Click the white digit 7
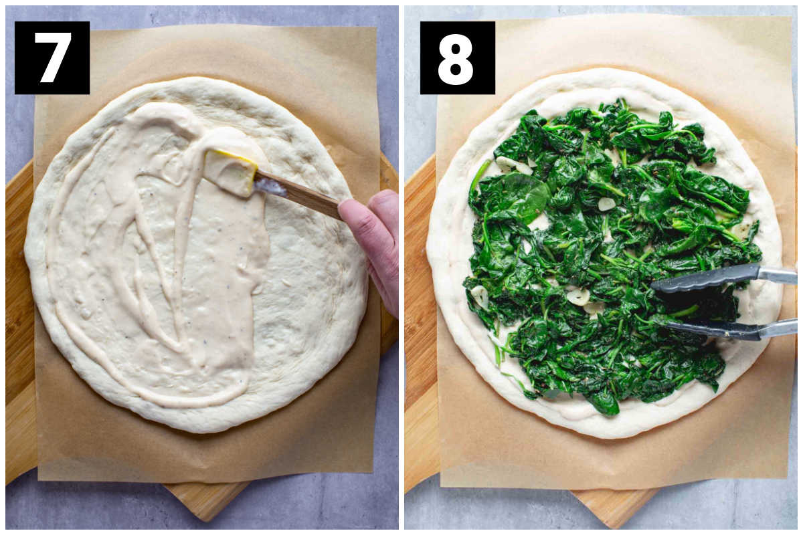(53, 58)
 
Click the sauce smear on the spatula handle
(270, 187)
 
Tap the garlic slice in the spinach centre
(606, 204)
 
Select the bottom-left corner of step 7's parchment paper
(39, 480)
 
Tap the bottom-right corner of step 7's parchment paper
(373, 472)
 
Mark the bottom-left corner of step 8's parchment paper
(442, 487)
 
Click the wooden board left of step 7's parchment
(19, 322)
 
